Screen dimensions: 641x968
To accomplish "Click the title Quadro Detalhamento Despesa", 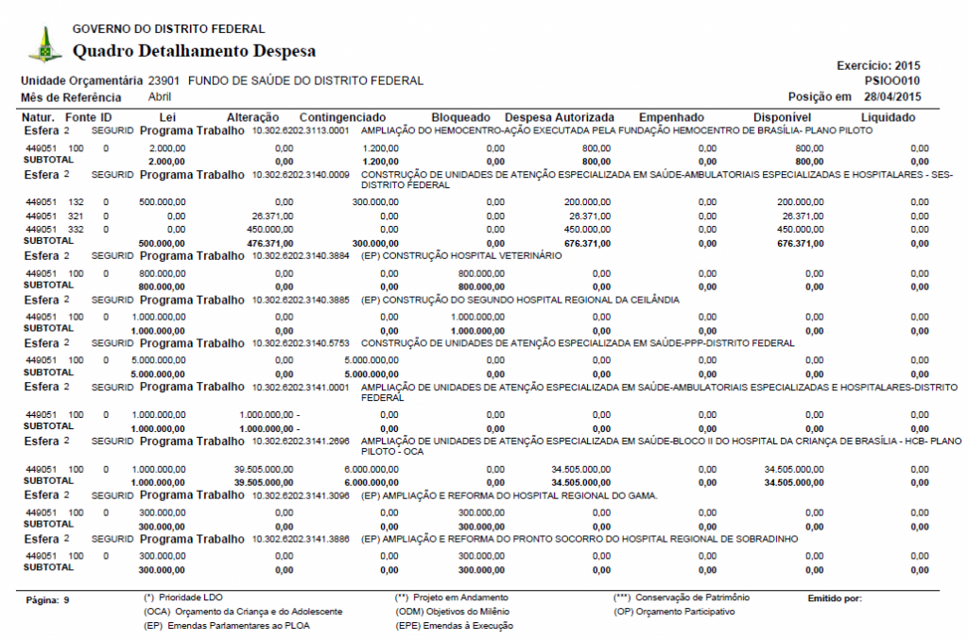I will pos(194,51).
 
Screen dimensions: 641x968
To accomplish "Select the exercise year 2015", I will pos(907,66).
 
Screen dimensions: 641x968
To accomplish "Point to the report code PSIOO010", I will pos(893,81).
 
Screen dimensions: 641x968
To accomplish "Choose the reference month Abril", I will pos(160,97).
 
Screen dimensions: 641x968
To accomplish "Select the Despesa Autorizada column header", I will pos(560,118).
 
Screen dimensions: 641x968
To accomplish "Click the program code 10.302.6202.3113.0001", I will pos(301,130).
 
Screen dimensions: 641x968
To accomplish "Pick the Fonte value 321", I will pos(76,217).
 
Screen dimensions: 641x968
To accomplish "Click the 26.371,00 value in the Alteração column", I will pos(274,217).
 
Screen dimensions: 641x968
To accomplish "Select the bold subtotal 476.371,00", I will pos(271,243).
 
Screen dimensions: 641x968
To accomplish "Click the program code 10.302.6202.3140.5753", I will pos(301,344).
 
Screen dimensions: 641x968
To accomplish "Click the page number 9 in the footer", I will pos(67,599).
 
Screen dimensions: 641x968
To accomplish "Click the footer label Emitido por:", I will pos(835,598).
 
